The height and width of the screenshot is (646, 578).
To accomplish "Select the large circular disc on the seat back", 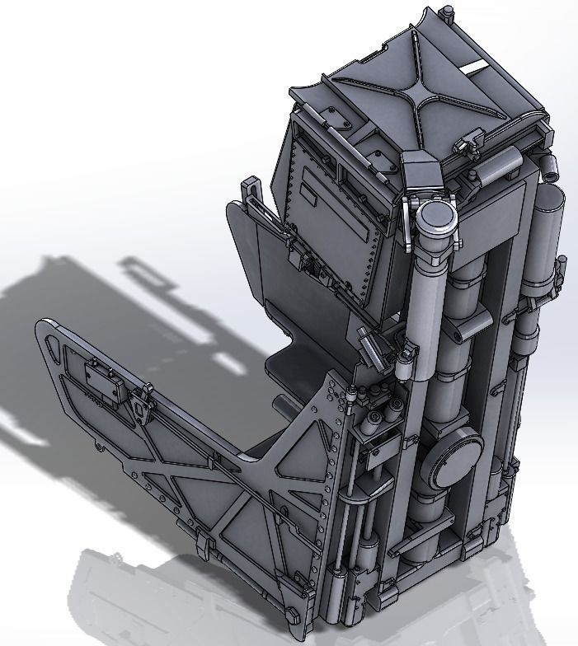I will pyautogui.click(x=453, y=454).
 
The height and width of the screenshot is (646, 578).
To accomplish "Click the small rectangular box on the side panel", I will pyautogui.click(x=104, y=383).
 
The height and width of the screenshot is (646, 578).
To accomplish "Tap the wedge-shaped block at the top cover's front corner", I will pyautogui.click(x=420, y=176).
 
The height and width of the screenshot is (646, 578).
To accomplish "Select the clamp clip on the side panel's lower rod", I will pyautogui.click(x=204, y=545).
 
